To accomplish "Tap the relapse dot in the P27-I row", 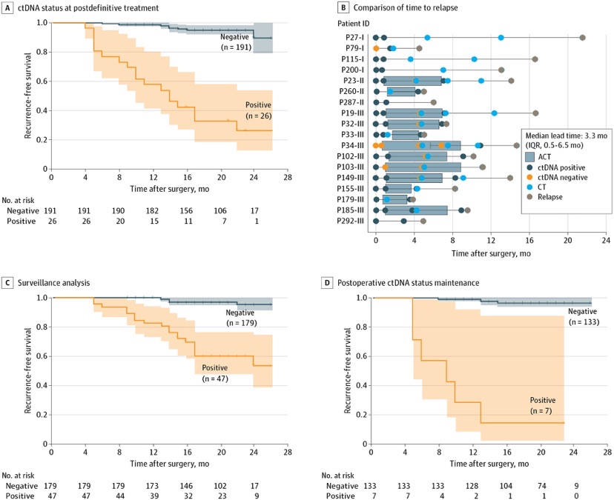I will point(582,37).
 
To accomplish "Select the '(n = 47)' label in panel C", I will point(216,379).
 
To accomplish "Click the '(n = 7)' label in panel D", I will point(544,410).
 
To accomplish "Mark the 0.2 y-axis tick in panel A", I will point(40,140).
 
